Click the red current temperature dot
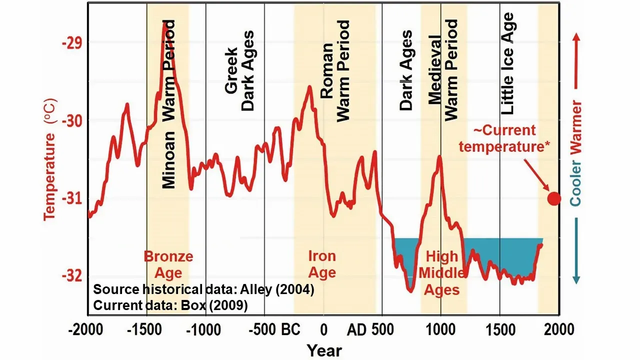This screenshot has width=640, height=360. tap(554, 199)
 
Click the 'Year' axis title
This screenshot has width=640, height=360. tap(324, 350)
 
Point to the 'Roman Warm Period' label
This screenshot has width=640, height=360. tap(335, 70)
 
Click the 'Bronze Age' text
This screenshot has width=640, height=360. tap(168, 264)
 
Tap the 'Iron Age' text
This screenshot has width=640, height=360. tap(322, 264)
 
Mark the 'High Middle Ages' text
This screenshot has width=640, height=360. tap(438, 273)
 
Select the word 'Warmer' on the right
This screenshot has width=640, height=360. tap(576, 130)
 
